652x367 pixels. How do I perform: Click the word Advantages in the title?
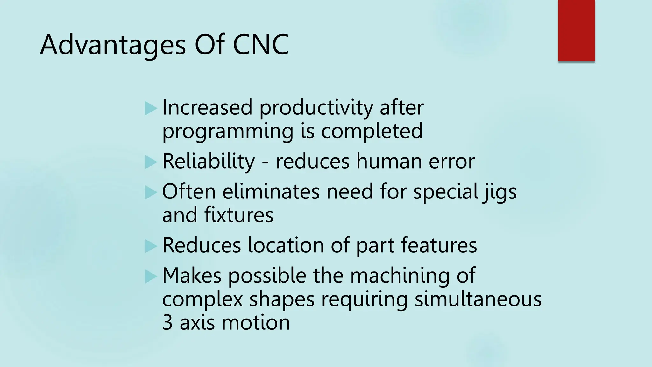(113, 45)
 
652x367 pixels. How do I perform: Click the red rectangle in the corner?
(576, 31)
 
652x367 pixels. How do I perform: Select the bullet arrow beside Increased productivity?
(151, 108)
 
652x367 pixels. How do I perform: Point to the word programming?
(228, 132)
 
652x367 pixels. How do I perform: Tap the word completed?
(372, 131)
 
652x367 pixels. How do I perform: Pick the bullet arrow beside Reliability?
(151, 162)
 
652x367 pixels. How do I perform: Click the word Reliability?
(209, 162)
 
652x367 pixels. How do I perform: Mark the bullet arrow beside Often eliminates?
(151, 192)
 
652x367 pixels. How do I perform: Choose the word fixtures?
(239, 215)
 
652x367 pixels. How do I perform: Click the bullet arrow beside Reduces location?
(151, 246)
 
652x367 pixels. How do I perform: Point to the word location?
(286, 246)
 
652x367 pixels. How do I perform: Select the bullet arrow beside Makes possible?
(151, 276)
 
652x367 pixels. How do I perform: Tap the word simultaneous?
(478, 299)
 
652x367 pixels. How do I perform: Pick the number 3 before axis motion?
(167, 323)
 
